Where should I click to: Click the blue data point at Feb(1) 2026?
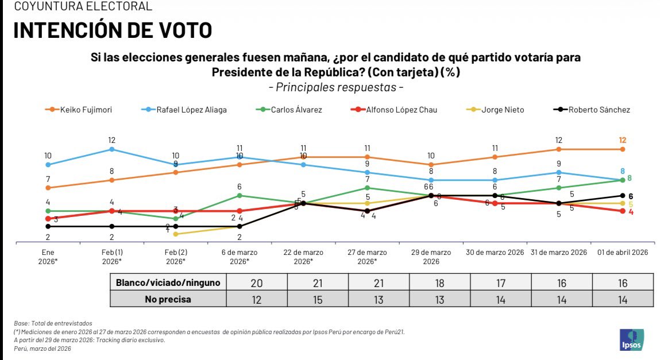pos(111,149)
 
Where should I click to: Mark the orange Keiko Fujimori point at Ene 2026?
pos(48,188)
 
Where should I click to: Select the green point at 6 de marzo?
pos(240,196)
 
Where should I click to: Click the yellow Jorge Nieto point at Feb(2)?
pos(175,234)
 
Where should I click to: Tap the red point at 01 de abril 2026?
pos(623,211)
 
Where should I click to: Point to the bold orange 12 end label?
pos(623,140)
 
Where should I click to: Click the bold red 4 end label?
pos(631,212)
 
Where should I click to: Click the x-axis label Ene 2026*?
pos(48,257)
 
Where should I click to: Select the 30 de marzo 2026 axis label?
pos(495,253)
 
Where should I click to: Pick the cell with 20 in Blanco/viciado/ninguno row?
pos(256,282)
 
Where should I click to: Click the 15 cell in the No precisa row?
pos(318,299)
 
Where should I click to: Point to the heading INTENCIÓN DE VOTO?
pos(113,30)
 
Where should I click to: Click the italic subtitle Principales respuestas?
pos(336,87)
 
